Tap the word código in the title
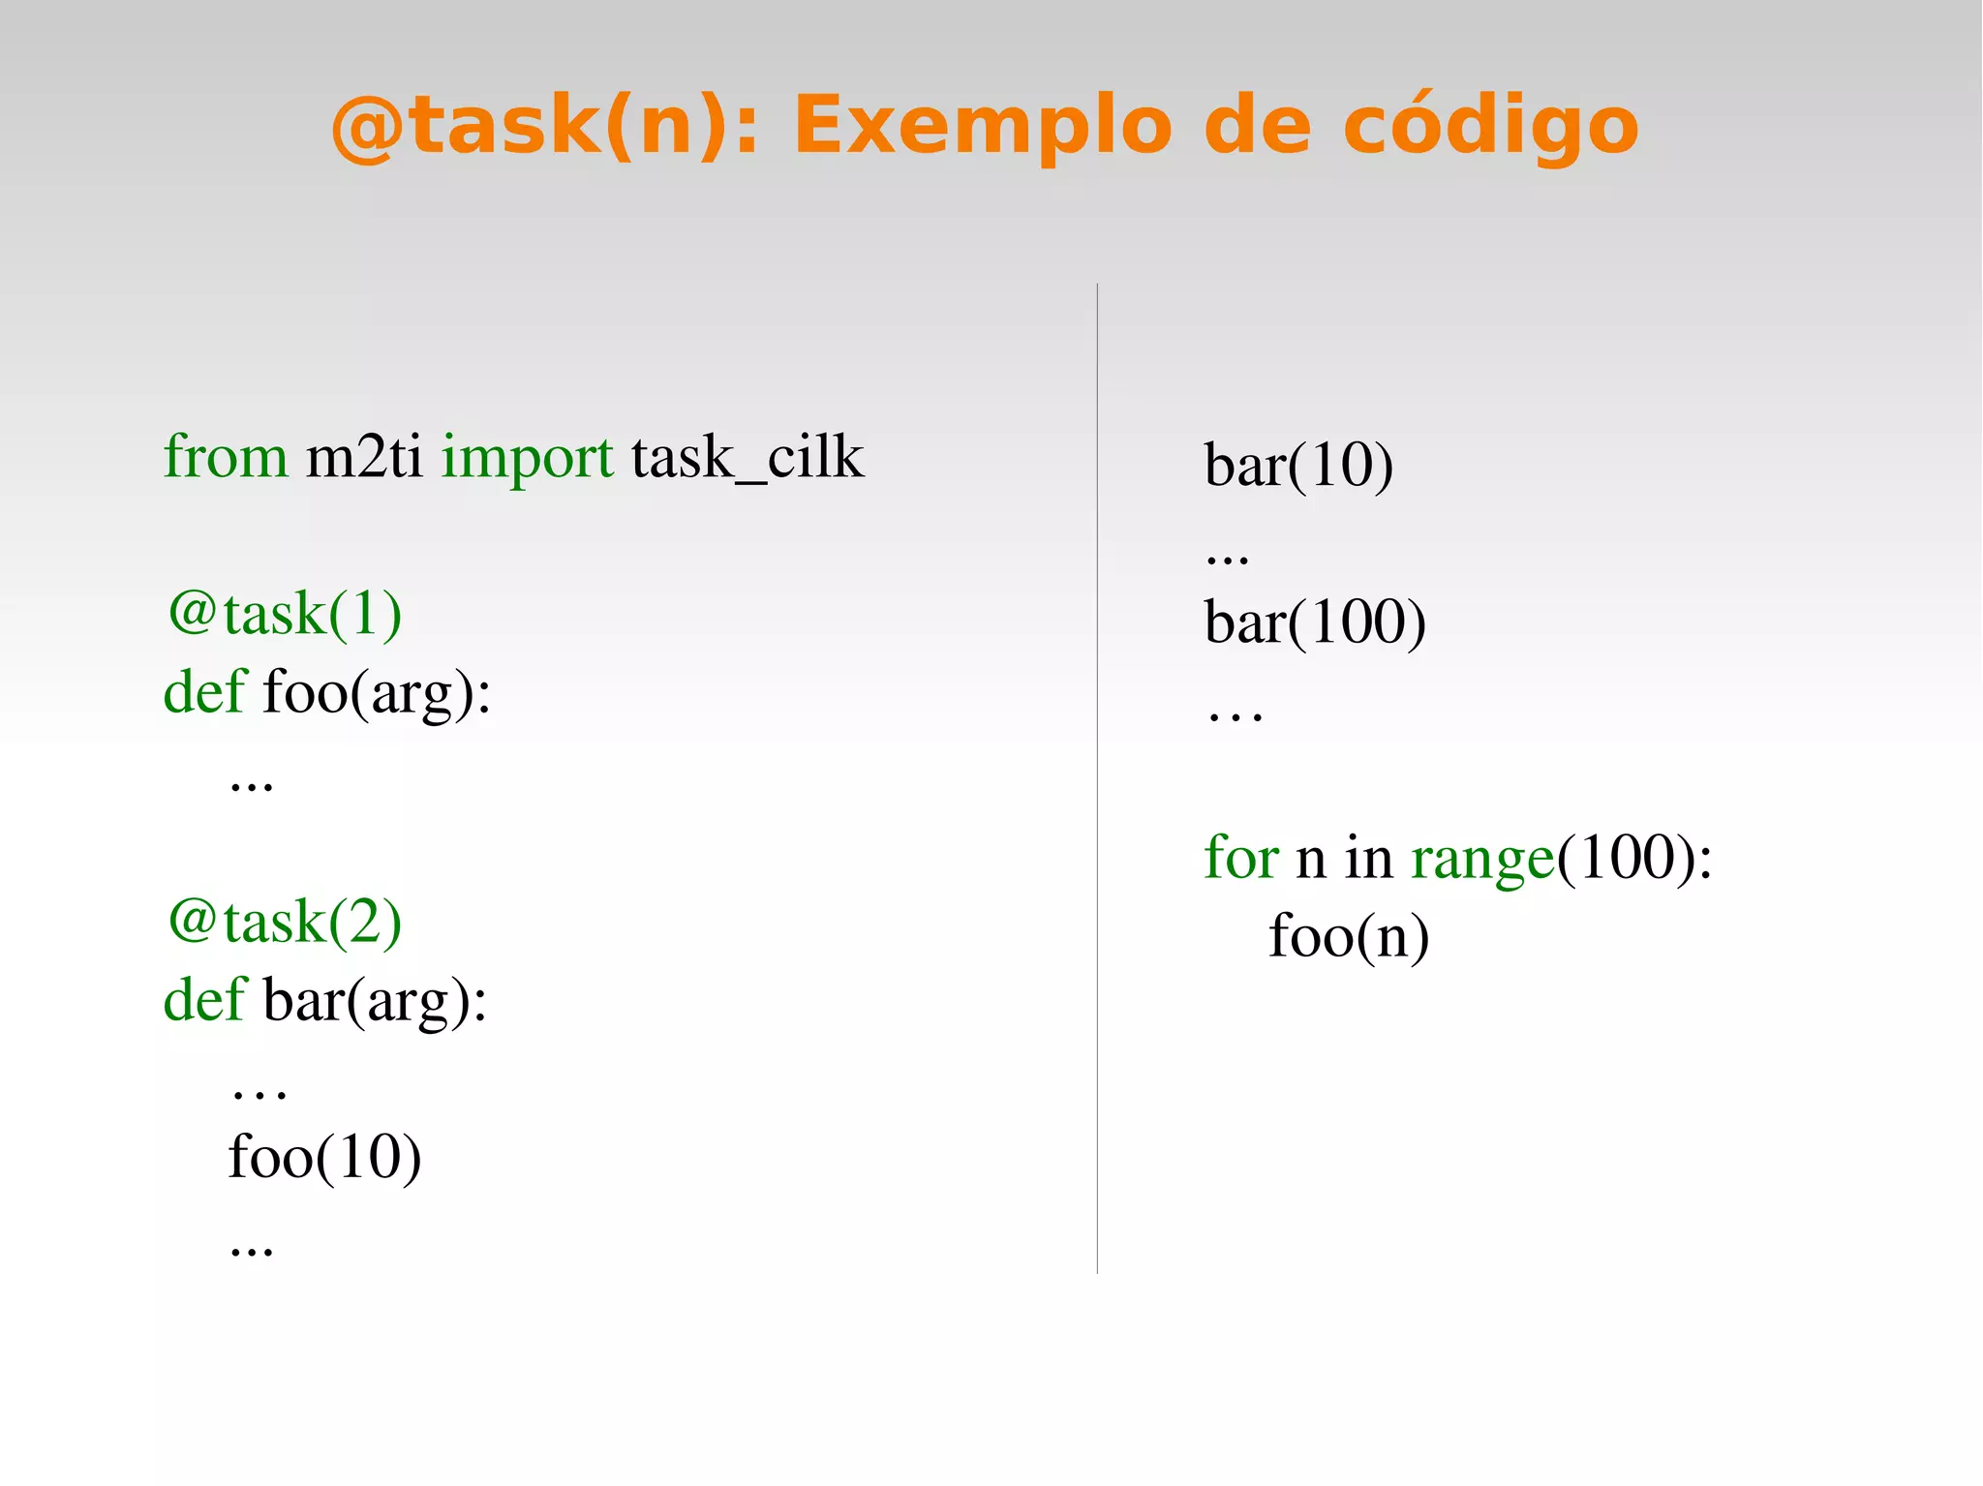[x=1490, y=126]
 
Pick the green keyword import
[x=527, y=458]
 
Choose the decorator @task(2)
[x=285, y=922]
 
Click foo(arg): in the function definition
[x=377, y=693]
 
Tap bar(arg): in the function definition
[x=375, y=1001]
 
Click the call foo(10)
[x=324, y=1158]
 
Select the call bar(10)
[x=1298, y=466]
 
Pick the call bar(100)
[x=1315, y=622]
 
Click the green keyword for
[x=1241, y=858]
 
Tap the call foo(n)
[x=1349, y=937]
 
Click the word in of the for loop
[x=1368, y=858]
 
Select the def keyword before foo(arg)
[x=204, y=693]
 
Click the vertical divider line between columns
[x=1097, y=774]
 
